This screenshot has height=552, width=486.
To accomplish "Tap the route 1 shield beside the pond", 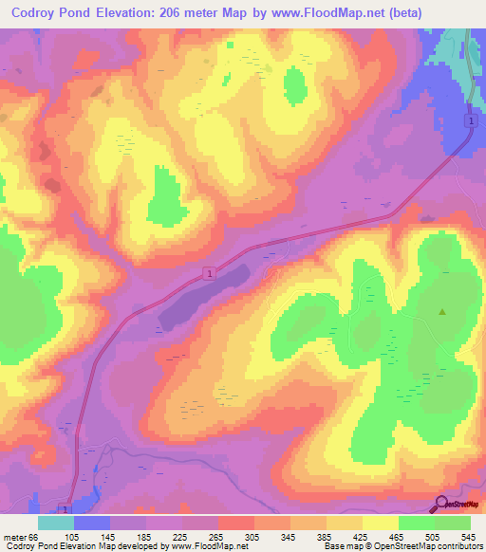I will [x=208, y=273].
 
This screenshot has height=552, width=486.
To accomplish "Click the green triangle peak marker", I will [x=441, y=312].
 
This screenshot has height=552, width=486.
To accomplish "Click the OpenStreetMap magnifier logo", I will [x=441, y=504].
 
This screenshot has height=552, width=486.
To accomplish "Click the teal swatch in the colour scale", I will [x=56, y=523].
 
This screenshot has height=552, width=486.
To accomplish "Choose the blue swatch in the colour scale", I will [x=92, y=523].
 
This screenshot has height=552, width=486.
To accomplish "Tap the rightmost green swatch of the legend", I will [x=453, y=523].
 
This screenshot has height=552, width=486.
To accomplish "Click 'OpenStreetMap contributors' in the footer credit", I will [x=437, y=547].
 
